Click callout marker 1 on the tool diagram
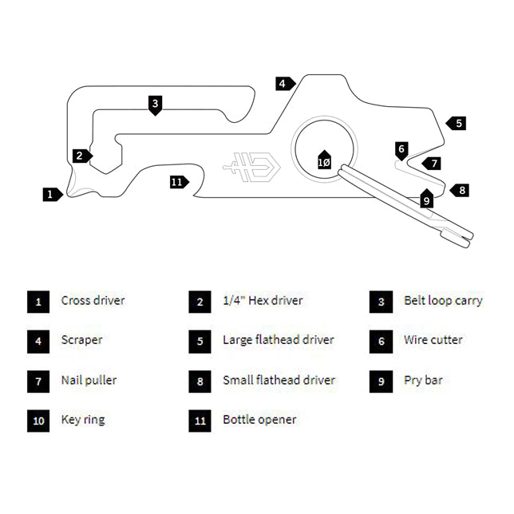pyautogui.click(x=51, y=193)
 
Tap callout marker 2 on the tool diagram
pyautogui.click(x=81, y=156)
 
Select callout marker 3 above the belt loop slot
pyautogui.click(x=156, y=104)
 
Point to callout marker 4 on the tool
pyautogui.click(x=284, y=83)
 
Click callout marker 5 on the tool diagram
pyautogui.click(x=457, y=123)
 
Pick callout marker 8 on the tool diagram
pyautogui.click(x=461, y=190)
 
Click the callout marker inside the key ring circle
pyautogui.click(x=323, y=160)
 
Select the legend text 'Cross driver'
pyautogui.click(x=93, y=301)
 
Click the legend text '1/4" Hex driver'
pyautogui.click(x=263, y=301)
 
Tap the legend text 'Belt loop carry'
pyautogui.click(x=443, y=301)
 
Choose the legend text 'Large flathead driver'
pyautogui.click(x=278, y=340)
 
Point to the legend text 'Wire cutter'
pyautogui.click(x=433, y=340)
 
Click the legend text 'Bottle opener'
pyautogui.click(x=259, y=419)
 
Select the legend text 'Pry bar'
pyautogui.click(x=423, y=380)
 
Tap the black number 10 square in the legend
pyautogui.click(x=38, y=420)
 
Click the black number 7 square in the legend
pyautogui.click(x=38, y=381)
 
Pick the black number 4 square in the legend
pyautogui.click(x=38, y=341)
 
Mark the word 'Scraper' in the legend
pyautogui.click(x=81, y=340)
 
